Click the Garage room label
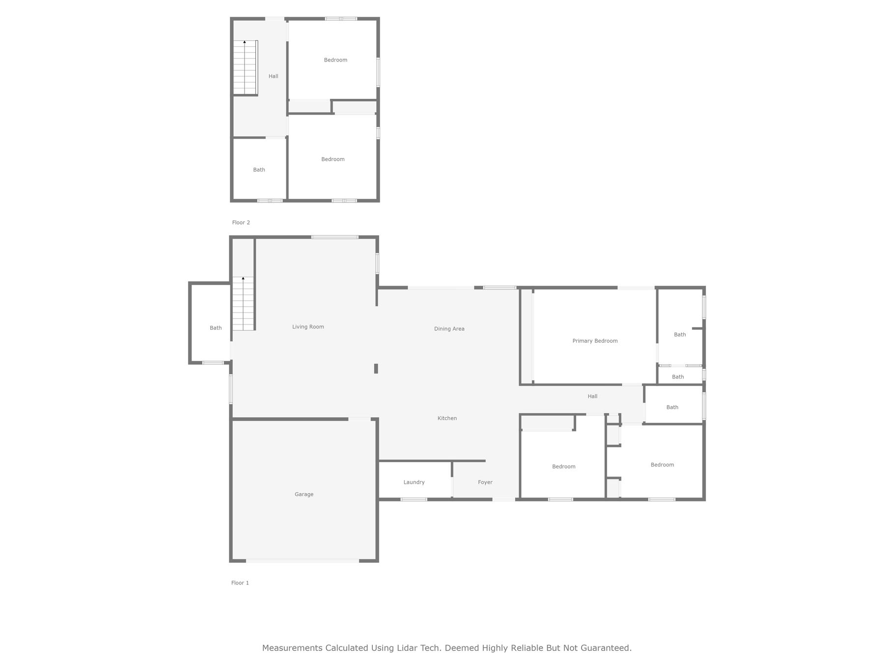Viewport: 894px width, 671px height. pyautogui.click(x=304, y=495)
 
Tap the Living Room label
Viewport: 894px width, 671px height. pyautogui.click(x=308, y=327)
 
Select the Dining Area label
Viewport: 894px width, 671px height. pyautogui.click(x=449, y=329)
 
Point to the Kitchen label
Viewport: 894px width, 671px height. pyautogui.click(x=447, y=418)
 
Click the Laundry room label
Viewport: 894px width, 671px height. pyautogui.click(x=414, y=482)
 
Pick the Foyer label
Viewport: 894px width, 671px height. pyautogui.click(x=485, y=482)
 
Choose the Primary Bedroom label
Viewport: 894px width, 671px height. pyautogui.click(x=595, y=341)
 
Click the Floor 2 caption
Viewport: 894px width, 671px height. pyautogui.click(x=241, y=223)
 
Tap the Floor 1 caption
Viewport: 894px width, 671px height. pyautogui.click(x=240, y=583)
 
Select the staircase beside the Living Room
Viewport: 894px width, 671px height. pyautogui.click(x=244, y=303)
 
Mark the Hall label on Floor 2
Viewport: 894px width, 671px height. pyautogui.click(x=273, y=76)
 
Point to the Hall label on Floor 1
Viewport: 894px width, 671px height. pyautogui.click(x=592, y=396)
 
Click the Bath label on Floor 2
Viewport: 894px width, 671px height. pyautogui.click(x=259, y=170)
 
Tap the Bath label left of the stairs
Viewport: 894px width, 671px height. pyautogui.click(x=216, y=328)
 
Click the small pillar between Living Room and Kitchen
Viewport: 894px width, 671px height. pyautogui.click(x=376, y=369)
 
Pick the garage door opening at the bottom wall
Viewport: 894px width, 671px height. pyautogui.click(x=303, y=561)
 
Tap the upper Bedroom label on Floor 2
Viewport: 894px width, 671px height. pyautogui.click(x=335, y=60)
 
